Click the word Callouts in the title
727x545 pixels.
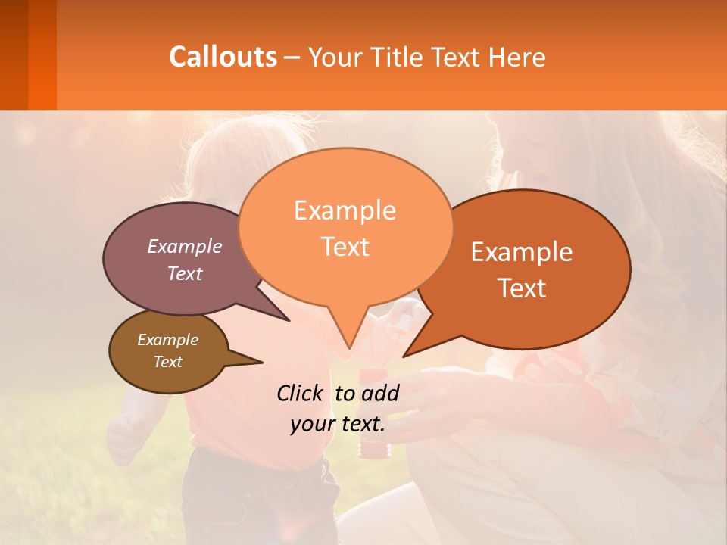click(223, 57)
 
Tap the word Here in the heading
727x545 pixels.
click(518, 57)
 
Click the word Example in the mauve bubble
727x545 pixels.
click(185, 246)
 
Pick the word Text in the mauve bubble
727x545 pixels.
click(185, 273)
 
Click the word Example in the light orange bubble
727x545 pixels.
click(345, 210)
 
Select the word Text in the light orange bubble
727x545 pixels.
click(345, 247)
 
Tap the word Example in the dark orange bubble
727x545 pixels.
click(522, 252)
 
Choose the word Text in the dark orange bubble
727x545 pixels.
click(522, 288)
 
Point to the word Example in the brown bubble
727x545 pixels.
click(167, 340)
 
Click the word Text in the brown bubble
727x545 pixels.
click(167, 362)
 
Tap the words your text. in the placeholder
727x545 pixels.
click(338, 424)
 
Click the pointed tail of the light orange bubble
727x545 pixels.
click(349, 347)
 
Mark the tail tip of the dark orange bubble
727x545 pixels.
click(405, 355)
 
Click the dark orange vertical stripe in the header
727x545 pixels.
click(42, 54)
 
